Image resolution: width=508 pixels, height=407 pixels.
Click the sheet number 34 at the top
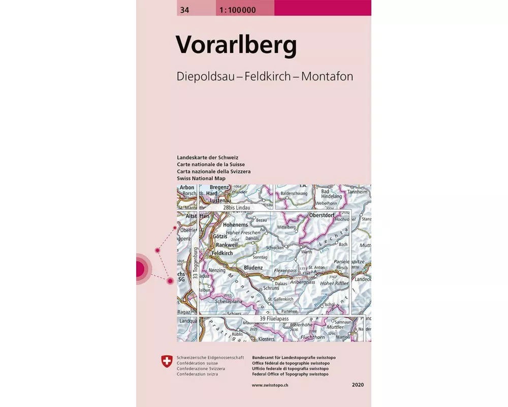click(182, 8)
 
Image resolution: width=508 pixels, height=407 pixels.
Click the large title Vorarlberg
click(236, 45)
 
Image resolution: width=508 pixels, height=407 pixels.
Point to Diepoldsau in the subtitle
click(208, 76)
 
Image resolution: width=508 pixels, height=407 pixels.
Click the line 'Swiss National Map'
click(199, 179)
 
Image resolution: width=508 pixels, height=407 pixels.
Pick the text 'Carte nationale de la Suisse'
click(211, 165)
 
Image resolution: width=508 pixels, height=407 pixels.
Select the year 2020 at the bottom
click(358, 385)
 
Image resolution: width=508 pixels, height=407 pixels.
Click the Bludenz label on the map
click(253, 268)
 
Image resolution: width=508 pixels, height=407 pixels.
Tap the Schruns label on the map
click(271, 288)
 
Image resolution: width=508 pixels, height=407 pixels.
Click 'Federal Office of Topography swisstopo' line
click(290, 374)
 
